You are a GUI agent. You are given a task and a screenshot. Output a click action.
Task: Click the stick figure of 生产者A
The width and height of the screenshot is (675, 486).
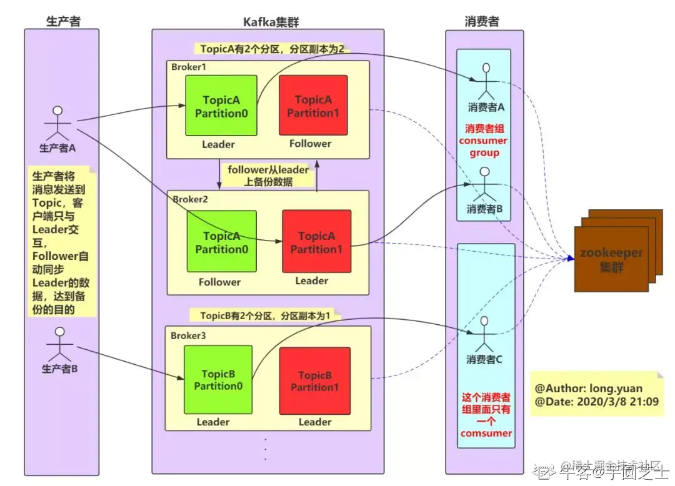[57, 123]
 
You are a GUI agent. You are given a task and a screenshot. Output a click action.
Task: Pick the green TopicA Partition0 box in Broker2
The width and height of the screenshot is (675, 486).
[221, 241]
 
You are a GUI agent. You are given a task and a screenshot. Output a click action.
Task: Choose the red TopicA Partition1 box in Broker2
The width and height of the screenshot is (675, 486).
[316, 241]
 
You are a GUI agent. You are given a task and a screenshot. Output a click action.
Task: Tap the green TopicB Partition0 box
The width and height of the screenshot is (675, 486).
[218, 379]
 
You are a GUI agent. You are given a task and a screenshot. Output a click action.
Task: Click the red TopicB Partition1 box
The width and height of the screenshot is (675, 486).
[314, 380]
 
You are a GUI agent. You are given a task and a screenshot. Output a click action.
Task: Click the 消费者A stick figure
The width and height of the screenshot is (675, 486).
[486, 80]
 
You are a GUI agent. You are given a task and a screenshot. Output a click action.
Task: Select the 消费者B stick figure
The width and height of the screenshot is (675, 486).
[486, 183]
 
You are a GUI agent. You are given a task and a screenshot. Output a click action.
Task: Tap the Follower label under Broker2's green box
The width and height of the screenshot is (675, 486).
[219, 282]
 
